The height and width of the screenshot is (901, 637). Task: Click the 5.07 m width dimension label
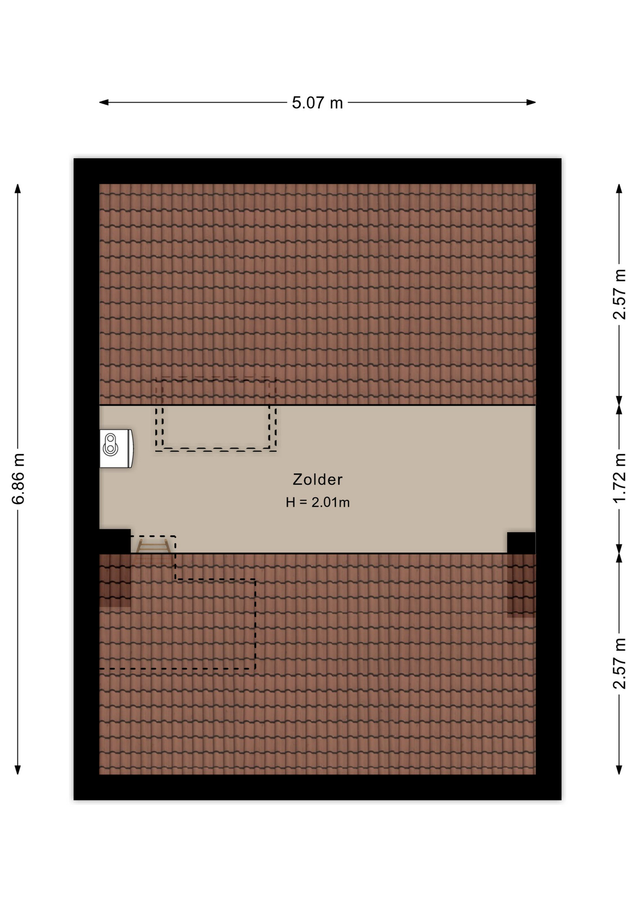(317, 103)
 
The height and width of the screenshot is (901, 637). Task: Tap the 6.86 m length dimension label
(18, 479)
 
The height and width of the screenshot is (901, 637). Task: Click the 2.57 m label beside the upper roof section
(620, 294)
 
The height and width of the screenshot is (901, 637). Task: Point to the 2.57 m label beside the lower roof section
(620, 663)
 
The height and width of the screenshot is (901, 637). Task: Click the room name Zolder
(318, 479)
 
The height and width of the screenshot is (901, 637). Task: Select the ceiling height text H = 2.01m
(318, 502)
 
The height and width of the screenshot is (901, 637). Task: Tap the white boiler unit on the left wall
(116, 448)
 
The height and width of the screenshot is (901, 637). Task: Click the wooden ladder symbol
(153, 546)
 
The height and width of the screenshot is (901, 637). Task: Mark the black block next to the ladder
(115, 541)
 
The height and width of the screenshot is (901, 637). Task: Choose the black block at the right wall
(521, 543)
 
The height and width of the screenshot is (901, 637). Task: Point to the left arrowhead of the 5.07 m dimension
(104, 102)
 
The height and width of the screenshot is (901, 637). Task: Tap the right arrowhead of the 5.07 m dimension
(531, 102)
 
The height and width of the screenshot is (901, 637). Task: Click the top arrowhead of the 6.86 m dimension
(18, 189)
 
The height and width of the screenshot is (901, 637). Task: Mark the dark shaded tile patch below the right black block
(521, 585)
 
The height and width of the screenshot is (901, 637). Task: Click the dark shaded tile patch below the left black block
(115, 580)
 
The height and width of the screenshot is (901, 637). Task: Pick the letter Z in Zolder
(297, 479)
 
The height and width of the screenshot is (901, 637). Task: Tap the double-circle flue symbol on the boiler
(110, 445)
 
